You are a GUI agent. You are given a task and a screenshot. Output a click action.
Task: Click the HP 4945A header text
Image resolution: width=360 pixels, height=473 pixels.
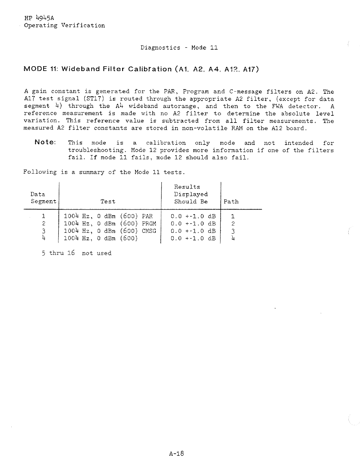pos(39,18)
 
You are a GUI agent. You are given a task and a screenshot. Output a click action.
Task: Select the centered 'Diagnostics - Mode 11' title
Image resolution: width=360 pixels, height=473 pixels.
pos(179,47)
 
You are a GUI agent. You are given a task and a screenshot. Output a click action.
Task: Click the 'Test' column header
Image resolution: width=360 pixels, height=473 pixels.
pos(108,202)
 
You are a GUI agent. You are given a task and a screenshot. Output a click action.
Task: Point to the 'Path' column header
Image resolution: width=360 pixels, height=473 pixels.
pos(231,202)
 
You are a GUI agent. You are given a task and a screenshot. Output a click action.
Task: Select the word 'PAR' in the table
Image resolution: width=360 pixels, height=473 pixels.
pos(147,216)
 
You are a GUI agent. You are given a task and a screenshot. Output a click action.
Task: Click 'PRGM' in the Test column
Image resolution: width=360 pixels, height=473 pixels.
pos(149,224)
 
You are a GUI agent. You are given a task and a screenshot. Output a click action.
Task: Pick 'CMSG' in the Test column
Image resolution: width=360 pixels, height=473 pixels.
pos(149,231)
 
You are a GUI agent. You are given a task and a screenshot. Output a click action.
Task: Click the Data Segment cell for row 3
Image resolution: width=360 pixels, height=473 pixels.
pos(43,231)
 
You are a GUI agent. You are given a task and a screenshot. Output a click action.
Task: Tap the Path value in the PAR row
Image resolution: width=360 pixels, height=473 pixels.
pos(233,216)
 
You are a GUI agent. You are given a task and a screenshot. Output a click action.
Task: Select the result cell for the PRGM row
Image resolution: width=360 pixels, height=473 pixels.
pos(193,224)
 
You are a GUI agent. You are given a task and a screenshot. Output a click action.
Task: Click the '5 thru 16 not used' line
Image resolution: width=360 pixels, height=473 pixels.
pos(77,253)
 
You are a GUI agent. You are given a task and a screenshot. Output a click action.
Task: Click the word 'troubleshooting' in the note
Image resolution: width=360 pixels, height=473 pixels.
pos(96,150)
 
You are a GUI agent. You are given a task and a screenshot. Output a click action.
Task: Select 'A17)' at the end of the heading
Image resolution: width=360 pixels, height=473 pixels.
pos(251,69)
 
